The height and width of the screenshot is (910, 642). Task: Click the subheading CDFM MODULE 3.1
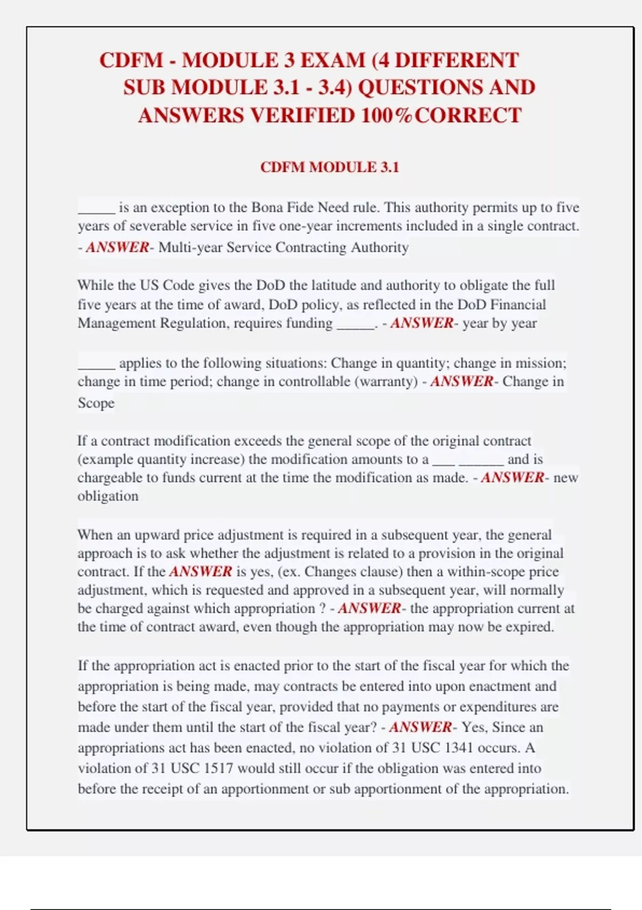pos(330,167)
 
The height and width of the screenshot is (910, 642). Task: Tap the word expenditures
pos(498,707)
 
